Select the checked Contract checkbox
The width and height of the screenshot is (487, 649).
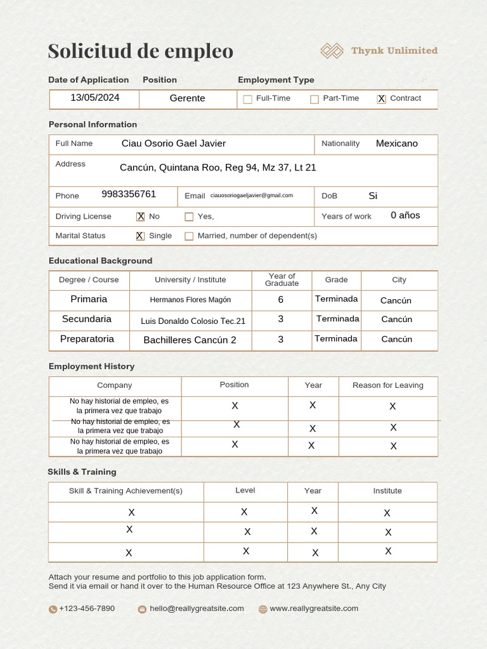pyautogui.click(x=381, y=99)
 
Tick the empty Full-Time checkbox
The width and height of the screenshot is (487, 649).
pyautogui.click(x=248, y=99)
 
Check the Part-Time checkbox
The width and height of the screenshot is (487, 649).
pyautogui.click(x=315, y=99)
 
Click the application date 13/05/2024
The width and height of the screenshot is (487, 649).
pyautogui.click(x=94, y=98)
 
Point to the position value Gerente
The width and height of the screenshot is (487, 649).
pyautogui.click(x=187, y=98)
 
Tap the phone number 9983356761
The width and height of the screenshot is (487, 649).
pyautogui.click(x=129, y=194)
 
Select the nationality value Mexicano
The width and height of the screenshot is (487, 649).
pyautogui.click(x=396, y=143)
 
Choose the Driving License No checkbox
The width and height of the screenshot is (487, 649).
pyautogui.click(x=141, y=217)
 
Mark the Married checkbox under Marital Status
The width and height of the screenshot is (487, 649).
pyautogui.click(x=189, y=236)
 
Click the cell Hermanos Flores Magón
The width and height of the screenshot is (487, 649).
pyautogui.click(x=190, y=300)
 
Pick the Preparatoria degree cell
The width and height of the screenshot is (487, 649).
pyautogui.click(x=88, y=339)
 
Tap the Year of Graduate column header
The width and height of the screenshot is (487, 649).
pyautogui.click(x=282, y=280)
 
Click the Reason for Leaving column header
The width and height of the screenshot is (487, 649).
pyautogui.click(x=387, y=385)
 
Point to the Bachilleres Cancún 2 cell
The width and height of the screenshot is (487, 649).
pyautogui.click(x=190, y=340)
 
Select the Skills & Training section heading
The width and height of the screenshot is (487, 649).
pyautogui.click(x=82, y=472)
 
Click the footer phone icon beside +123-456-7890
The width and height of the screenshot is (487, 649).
pyautogui.click(x=53, y=609)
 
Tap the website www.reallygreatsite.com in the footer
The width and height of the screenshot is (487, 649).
pyautogui.click(x=313, y=608)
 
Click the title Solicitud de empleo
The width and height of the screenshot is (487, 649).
pyautogui.click(x=140, y=51)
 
